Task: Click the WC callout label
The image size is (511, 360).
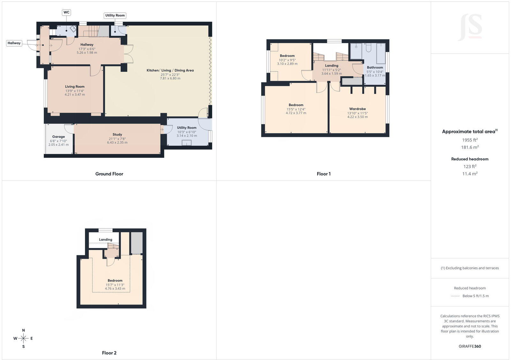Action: pyautogui.click(x=66, y=12)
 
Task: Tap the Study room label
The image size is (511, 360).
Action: pyautogui.click(x=117, y=134)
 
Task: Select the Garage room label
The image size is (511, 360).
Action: pyautogui.click(x=58, y=137)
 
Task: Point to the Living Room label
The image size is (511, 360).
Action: pyautogui.click(x=75, y=86)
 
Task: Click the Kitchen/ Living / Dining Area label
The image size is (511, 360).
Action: pyautogui.click(x=170, y=71)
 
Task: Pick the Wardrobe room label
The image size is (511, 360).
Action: pyautogui.click(x=357, y=109)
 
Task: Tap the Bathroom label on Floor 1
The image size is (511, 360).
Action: pyautogui.click(x=375, y=67)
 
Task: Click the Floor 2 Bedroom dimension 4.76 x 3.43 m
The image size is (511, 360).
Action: pyautogui.click(x=115, y=289)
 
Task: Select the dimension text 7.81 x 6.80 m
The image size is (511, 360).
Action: pyautogui.click(x=170, y=79)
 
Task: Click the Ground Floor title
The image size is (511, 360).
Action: pyautogui.click(x=109, y=174)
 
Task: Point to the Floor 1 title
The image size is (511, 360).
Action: pyautogui.click(x=324, y=174)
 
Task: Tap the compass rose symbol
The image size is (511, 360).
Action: pyautogui.click(x=23, y=338)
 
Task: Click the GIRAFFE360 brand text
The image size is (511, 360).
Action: pyautogui.click(x=470, y=346)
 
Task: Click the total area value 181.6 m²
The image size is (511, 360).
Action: pyautogui.click(x=470, y=147)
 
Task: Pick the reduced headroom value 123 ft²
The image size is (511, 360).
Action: pyautogui.click(x=470, y=166)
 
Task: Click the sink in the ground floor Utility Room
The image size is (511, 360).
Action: pyautogui.click(x=187, y=143)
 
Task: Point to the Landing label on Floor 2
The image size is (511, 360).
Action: pyautogui.click(x=105, y=240)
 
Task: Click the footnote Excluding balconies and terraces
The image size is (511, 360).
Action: pyautogui.click(x=470, y=268)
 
